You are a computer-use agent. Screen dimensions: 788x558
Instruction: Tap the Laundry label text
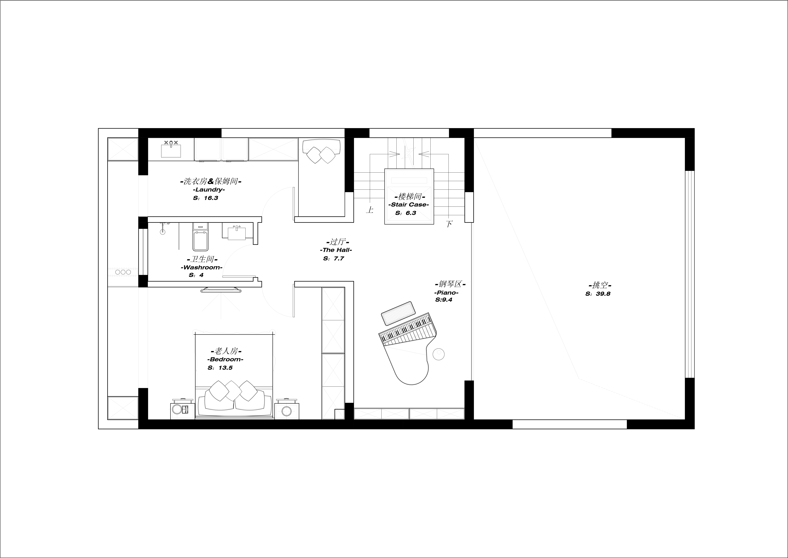[x=209, y=190]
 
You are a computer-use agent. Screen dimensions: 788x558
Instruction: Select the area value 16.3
[x=211, y=198]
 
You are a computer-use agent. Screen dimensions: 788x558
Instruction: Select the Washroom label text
[x=201, y=267]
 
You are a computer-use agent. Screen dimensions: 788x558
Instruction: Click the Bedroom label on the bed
[x=225, y=359]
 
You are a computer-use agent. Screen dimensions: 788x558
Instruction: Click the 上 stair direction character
[x=370, y=210]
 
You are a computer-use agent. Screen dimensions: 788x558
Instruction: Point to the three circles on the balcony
[x=123, y=272]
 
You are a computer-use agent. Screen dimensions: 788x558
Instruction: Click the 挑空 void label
[x=600, y=285]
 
